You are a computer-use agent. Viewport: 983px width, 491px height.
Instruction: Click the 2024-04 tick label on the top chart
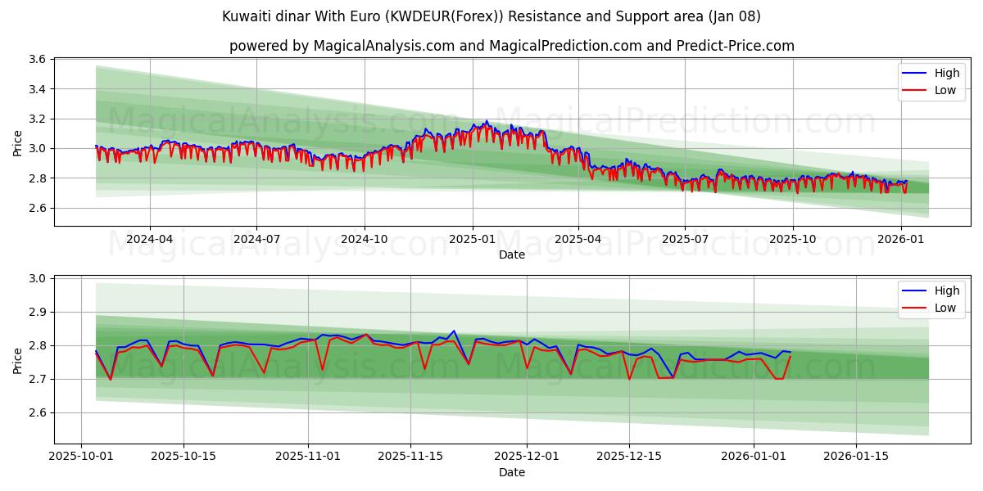[x=149, y=239]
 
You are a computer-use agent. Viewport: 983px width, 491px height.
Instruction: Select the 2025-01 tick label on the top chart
[x=471, y=239]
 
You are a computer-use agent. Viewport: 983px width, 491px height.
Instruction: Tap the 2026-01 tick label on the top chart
[x=900, y=239]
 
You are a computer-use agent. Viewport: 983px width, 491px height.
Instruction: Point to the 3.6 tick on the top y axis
[x=36, y=59]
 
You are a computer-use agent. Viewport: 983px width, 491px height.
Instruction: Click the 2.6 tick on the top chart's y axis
[x=36, y=208]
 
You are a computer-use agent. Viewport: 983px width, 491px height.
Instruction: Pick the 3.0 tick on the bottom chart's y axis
[x=36, y=278]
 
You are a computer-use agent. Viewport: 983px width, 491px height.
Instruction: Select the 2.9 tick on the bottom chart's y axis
[x=36, y=312]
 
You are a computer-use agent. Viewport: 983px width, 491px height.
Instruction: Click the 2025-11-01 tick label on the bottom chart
[x=308, y=457]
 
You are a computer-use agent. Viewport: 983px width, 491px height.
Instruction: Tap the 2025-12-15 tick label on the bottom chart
[x=629, y=457]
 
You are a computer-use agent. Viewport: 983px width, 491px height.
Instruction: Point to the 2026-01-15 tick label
[x=856, y=457]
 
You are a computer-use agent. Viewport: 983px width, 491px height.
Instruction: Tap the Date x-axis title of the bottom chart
[x=511, y=472]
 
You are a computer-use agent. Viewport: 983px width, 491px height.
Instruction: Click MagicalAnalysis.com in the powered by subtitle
[x=383, y=46]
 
